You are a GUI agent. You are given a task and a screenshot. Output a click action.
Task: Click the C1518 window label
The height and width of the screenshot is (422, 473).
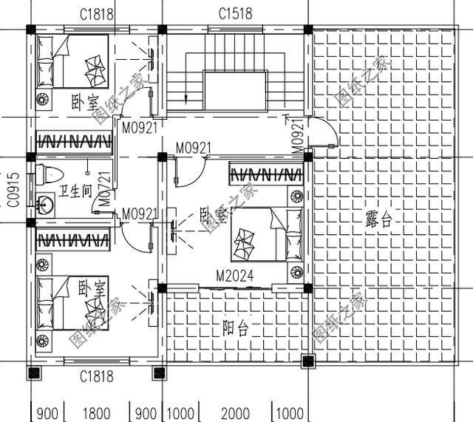pos(236,13)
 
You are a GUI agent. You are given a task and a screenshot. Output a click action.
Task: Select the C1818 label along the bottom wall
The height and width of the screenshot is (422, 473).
pos(97,377)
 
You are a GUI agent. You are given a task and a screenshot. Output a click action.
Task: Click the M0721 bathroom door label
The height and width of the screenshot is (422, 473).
pos(105,189)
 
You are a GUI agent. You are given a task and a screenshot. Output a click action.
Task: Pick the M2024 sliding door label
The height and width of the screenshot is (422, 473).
pos(235,276)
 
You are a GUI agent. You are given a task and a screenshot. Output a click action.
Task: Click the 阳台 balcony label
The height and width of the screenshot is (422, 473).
pos(236,328)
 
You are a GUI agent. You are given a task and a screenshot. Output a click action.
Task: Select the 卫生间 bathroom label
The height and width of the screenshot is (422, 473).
pos(76,191)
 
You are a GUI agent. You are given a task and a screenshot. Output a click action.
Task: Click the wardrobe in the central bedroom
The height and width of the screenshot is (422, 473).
pos(266,174)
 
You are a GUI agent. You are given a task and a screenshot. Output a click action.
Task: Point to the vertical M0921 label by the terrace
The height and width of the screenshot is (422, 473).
pos(298,137)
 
